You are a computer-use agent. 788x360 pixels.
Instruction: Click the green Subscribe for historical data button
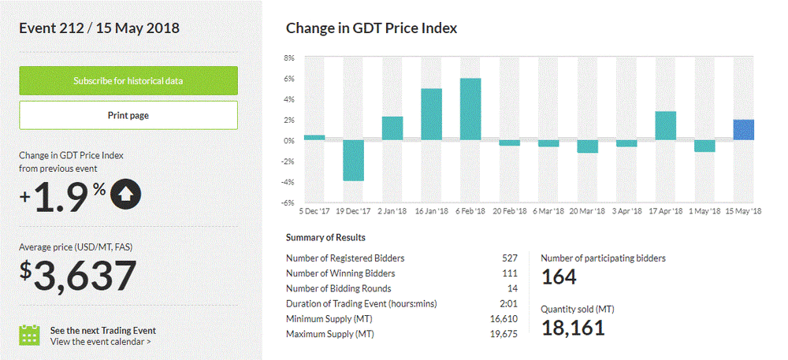128,80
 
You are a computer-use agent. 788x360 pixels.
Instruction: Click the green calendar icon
29,335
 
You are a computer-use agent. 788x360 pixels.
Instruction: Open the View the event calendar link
100,342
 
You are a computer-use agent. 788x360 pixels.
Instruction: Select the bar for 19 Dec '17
353,161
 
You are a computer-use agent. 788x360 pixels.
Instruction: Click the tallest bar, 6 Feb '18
470,109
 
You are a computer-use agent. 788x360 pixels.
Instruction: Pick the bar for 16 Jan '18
431,114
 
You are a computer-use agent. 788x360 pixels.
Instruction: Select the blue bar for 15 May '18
744,130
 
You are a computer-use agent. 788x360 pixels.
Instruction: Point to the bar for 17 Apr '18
666,126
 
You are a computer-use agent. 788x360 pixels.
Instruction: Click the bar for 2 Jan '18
392,128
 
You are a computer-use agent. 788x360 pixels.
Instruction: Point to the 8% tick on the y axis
288,58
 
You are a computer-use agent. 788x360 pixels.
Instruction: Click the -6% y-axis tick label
288,203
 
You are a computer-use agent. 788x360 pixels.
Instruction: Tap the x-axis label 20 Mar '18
587,212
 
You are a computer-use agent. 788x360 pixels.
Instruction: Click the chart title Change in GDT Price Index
371,28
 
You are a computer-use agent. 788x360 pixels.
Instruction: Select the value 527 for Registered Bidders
510,258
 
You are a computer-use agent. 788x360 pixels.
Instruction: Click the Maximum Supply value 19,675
504,334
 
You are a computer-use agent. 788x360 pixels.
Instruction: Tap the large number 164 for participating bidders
559,277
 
